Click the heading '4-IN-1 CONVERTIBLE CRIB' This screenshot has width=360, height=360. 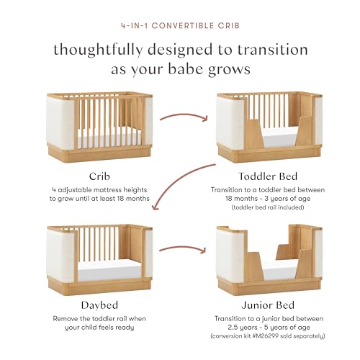(180, 25)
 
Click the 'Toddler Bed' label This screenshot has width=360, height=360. (269, 175)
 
